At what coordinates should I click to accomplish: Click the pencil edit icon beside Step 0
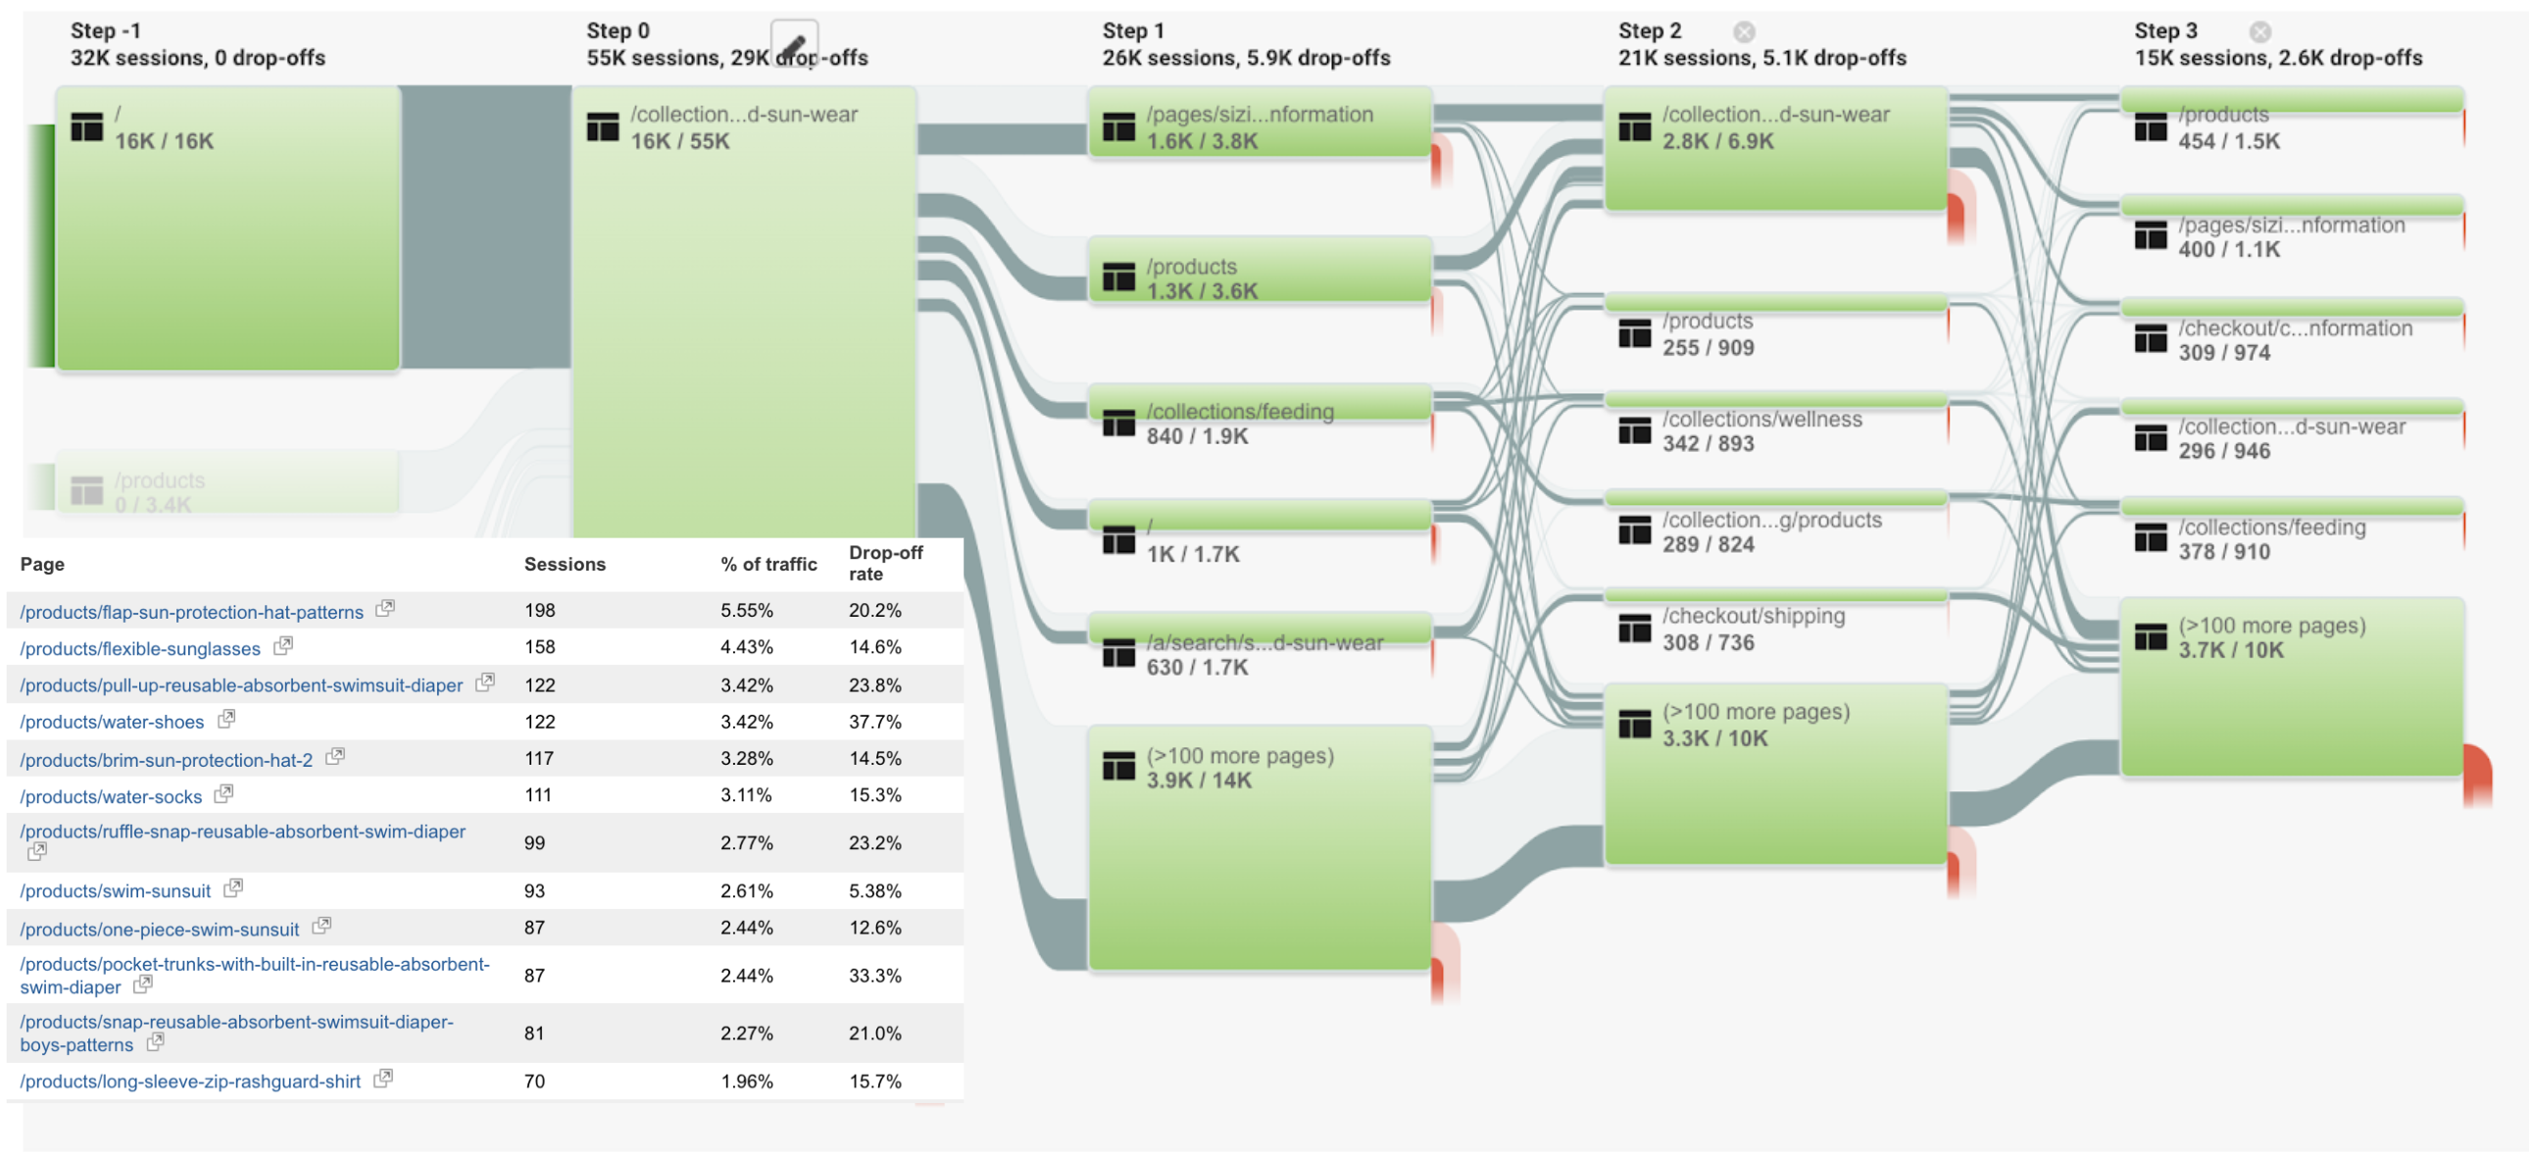coord(793,44)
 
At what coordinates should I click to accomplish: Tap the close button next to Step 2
coord(1744,32)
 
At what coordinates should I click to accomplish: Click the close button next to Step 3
coord(2259,32)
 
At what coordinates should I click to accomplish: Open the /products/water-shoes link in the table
coord(112,723)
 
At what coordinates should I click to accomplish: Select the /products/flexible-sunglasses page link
coord(140,649)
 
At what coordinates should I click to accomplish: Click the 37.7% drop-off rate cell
coord(873,723)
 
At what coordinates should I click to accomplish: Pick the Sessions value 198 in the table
coord(540,611)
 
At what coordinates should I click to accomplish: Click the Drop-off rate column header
coord(884,564)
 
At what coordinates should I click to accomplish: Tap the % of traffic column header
coord(768,565)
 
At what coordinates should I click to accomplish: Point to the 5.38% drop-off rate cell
coord(873,892)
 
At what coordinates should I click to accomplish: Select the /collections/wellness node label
coord(1761,421)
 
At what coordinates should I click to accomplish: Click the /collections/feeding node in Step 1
coord(1239,413)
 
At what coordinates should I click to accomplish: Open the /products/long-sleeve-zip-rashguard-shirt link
coord(190,1082)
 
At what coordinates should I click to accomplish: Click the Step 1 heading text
coord(1133,31)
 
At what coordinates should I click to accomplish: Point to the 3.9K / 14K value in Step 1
coord(1199,781)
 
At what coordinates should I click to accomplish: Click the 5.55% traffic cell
coord(746,611)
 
